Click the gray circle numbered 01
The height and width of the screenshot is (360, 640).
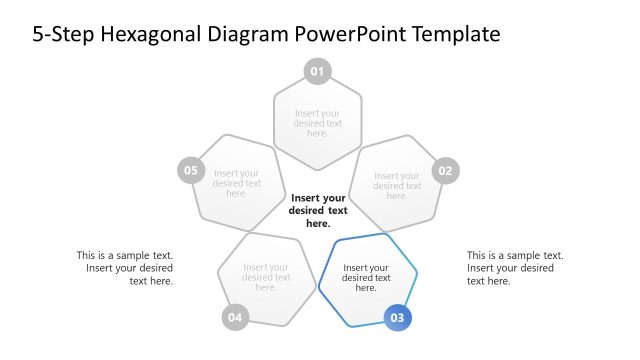coord(317,71)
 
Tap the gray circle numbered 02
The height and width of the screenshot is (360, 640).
coord(445,170)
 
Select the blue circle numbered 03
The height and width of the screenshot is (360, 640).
coord(397,318)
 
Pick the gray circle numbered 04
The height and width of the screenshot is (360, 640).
coord(235,318)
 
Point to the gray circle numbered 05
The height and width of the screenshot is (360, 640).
coord(190,170)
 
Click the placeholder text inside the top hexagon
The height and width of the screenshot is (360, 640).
coord(317,123)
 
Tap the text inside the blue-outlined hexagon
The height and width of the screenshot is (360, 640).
coord(366,278)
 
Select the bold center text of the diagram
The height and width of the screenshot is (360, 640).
coord(318,211)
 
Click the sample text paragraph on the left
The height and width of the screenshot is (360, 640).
coord(124,268)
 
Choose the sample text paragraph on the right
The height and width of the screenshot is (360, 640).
coord(514,268)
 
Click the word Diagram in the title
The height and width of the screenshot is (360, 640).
coord(254,35)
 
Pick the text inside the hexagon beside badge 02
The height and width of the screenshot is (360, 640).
coord(397,186)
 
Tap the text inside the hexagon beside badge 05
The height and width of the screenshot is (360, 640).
coord(237,184)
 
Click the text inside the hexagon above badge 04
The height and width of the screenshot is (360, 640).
coord(265,277)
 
